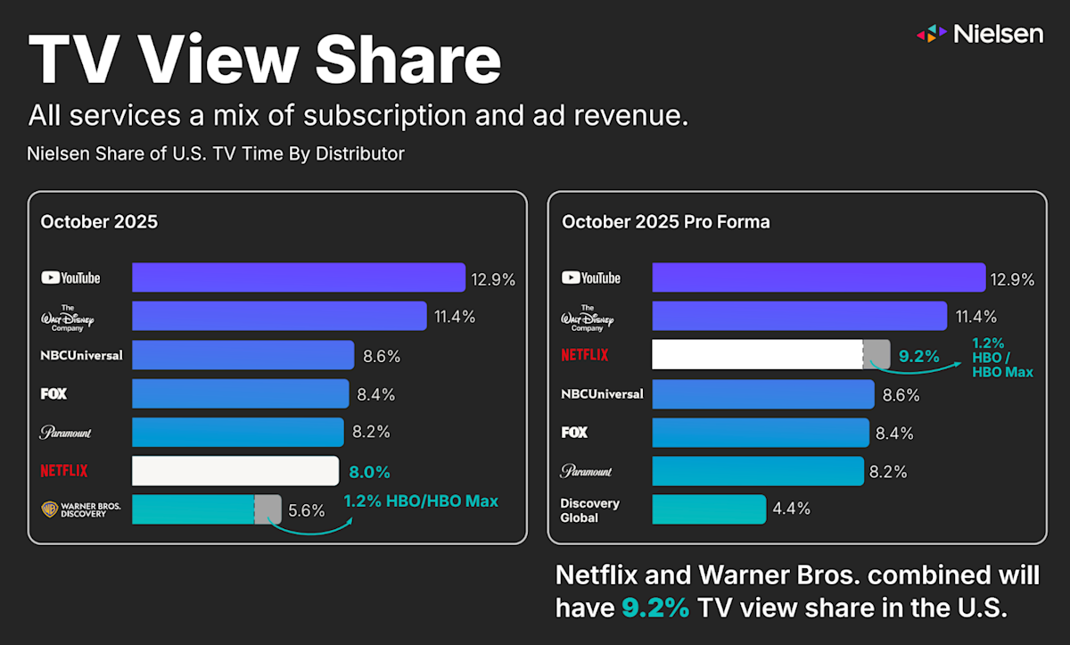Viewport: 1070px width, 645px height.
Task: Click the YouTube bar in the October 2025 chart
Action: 299,277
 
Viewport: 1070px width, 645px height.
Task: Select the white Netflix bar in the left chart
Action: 235,470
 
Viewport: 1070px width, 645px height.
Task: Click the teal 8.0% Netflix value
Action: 369,472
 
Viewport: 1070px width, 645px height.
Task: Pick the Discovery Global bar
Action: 709,509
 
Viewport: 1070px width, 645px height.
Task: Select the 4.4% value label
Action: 792,509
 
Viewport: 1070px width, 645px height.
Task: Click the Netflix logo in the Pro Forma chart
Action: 585,355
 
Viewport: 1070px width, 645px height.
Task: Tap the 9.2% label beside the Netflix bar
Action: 919,357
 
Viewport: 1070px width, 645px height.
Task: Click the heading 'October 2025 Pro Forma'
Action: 665,222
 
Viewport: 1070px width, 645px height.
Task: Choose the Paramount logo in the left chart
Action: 66,433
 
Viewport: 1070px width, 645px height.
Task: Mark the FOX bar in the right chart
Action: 761,433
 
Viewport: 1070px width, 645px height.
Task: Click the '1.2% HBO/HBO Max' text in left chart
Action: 421,501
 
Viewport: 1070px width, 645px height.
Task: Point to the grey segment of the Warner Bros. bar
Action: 268,509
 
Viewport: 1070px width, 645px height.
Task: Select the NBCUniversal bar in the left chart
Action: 243,355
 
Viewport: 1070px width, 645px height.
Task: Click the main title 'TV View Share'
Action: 264,61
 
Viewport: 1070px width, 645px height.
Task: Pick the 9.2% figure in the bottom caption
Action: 655,608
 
